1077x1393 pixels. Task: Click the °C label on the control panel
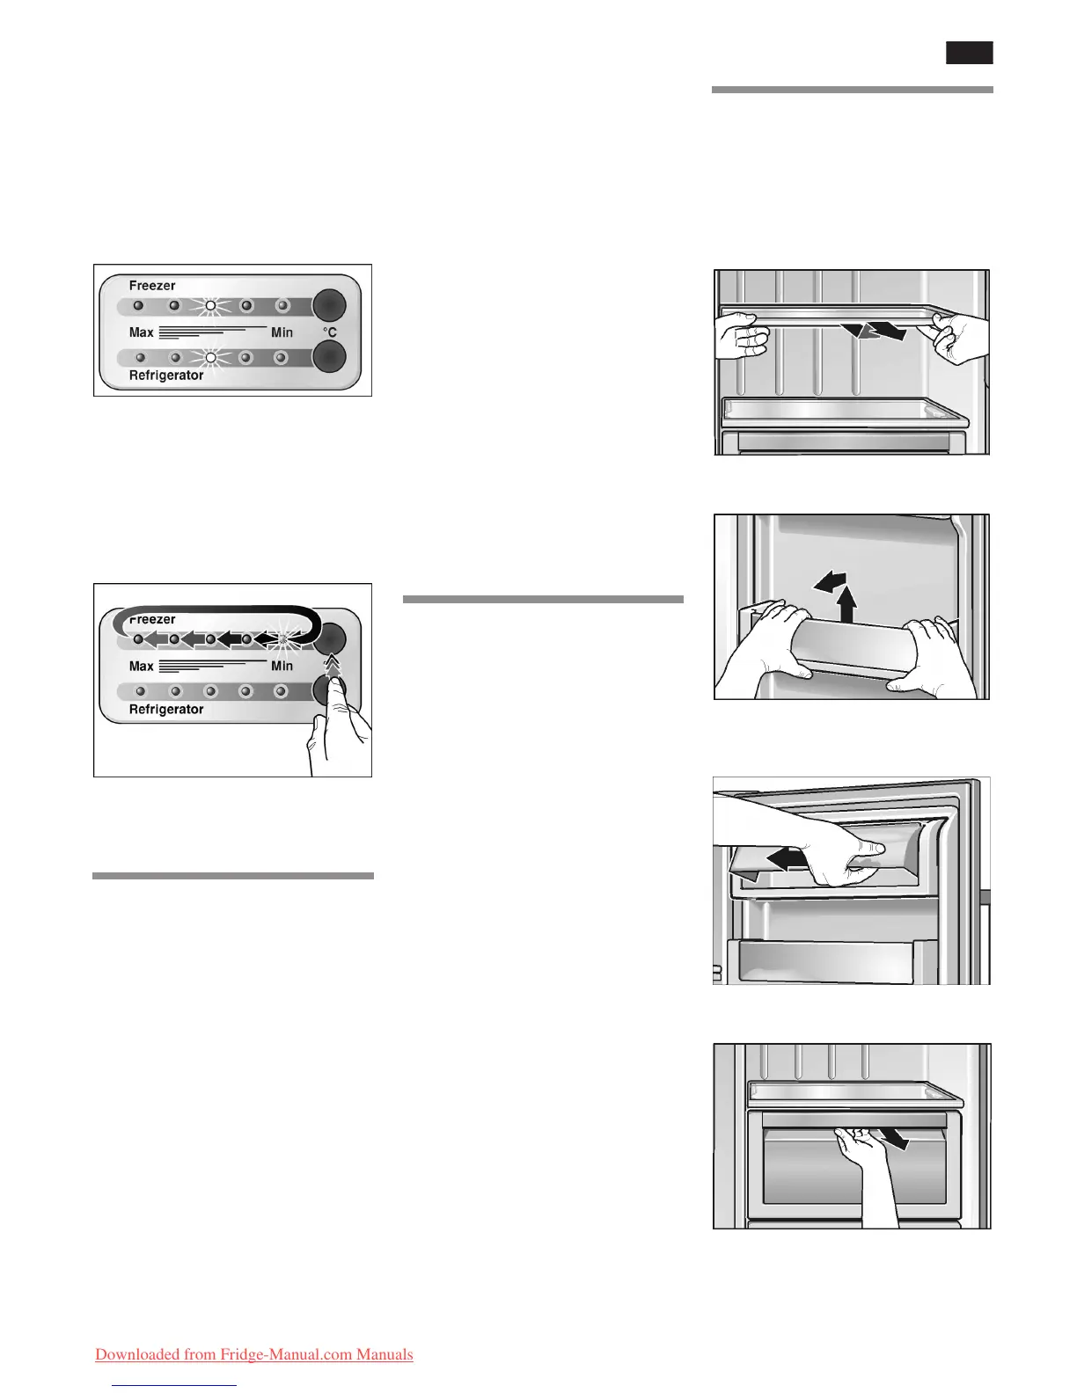(329, 332)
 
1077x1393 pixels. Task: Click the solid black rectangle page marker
(970, 53)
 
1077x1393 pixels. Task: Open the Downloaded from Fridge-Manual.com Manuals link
(253, 1354)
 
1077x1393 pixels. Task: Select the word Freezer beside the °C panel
(152, 286)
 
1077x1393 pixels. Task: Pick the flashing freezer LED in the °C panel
(210, 306)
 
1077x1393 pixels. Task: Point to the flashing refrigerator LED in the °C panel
(210, 358)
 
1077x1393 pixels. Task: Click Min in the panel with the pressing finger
(282, 667)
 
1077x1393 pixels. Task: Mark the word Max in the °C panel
(141, 332)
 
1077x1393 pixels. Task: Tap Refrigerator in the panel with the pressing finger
(166, 710)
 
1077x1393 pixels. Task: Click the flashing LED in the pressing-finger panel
(282, 639)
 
